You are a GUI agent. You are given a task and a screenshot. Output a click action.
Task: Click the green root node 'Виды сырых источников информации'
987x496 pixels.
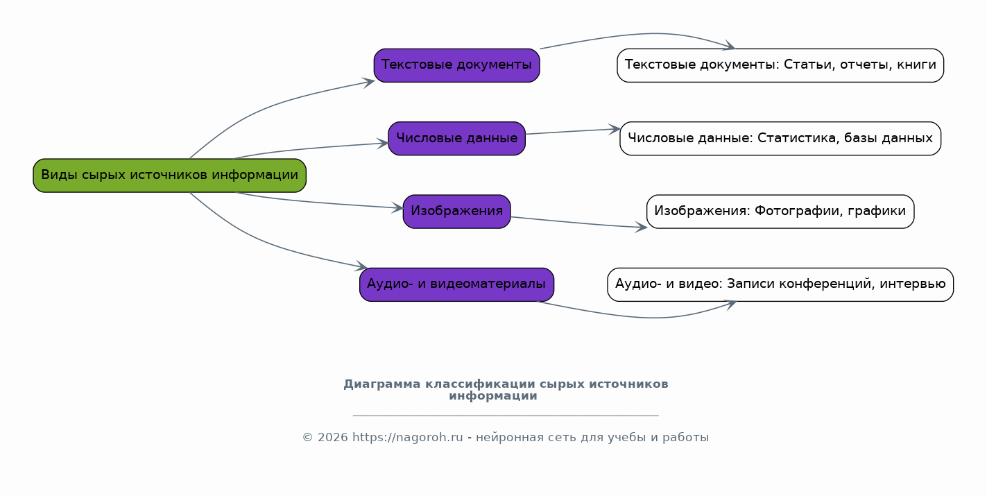169,176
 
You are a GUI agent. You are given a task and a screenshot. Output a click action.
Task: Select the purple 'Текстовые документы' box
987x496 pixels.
456,65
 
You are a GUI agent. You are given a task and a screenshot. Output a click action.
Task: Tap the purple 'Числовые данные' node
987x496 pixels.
456,138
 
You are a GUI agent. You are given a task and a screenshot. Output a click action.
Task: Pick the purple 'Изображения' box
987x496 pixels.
456,212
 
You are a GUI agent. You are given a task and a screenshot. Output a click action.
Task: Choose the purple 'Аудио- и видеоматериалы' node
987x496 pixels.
456,284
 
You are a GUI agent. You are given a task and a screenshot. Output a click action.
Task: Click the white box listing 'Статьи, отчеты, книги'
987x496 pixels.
780,65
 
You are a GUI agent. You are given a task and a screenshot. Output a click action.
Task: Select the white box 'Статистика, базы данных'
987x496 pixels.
780,138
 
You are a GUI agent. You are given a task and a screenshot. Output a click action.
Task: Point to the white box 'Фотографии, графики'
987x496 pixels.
780,212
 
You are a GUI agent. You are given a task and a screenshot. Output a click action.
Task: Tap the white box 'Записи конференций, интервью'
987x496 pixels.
780,284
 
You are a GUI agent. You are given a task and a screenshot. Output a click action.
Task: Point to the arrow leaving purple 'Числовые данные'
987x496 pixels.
572,131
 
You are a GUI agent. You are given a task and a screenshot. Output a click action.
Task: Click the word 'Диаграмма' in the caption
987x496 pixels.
381,384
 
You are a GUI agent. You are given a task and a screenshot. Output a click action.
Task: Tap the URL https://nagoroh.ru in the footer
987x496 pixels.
407,438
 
